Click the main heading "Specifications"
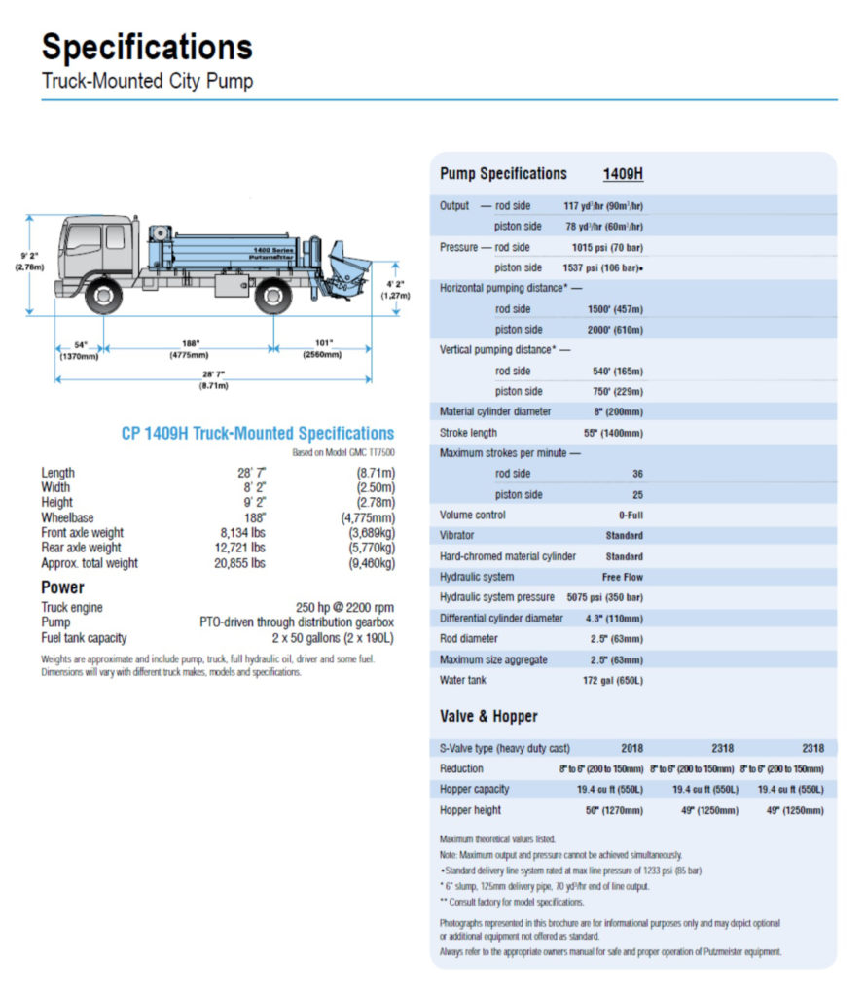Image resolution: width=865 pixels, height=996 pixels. [147, 47]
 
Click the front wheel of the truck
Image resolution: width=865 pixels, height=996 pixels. [103, 295]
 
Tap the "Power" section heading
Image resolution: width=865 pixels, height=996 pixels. [62, 587]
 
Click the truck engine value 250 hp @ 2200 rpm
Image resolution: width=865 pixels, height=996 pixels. [344, 608]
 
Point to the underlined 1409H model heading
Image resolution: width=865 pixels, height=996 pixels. [623, 174]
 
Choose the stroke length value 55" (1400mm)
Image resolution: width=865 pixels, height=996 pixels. [613, 433]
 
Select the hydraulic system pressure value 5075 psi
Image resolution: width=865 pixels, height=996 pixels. [604, 597]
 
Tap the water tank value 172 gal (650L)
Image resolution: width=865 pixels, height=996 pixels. [612, 681]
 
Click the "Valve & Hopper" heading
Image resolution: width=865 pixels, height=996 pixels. [488, 716]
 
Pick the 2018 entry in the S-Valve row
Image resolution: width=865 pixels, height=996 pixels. [632, 748]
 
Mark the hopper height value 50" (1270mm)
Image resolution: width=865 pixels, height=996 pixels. [613, 810]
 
